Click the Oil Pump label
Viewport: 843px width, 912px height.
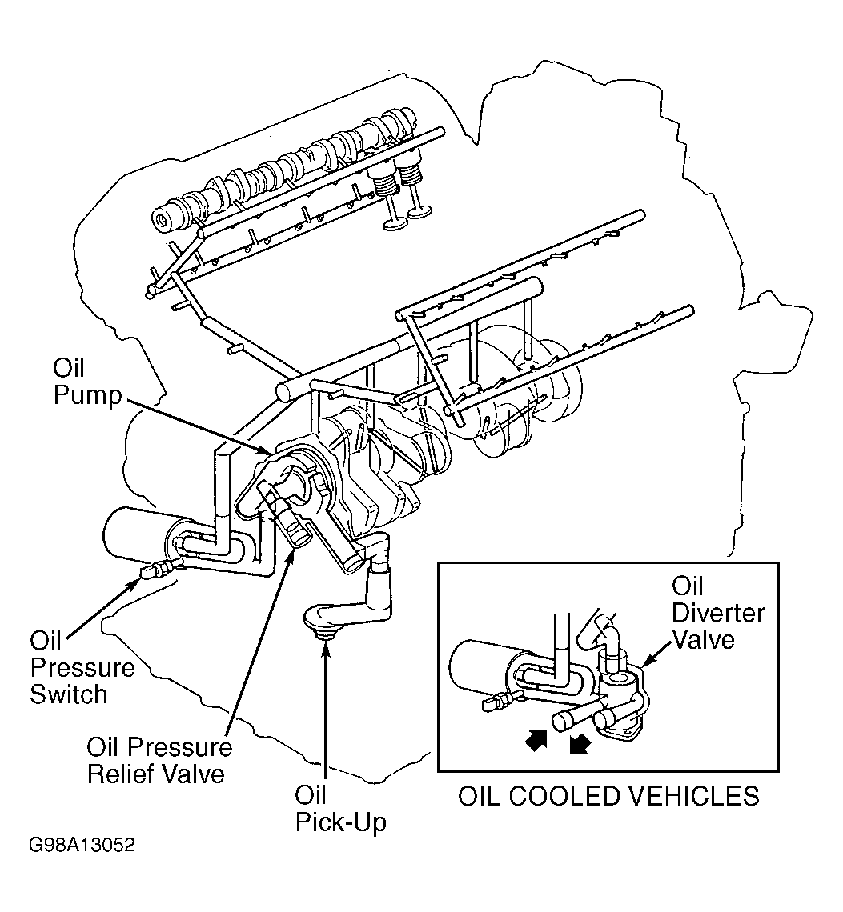[x=87, y=382]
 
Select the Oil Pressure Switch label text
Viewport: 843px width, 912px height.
[x=82, y=668]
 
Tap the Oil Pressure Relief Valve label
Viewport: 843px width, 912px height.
[x=159, y=761]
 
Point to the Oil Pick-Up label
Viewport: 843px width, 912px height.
[x=340, y=809]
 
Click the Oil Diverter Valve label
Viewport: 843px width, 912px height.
[x=718, y=613]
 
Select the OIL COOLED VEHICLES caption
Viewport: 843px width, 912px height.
[x=608, y=796]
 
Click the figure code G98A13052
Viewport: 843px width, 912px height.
[x=82, y=845]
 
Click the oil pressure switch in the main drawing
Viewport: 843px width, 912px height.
[x=156, y=570]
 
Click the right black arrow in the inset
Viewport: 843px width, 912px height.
[x=580, y=742]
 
